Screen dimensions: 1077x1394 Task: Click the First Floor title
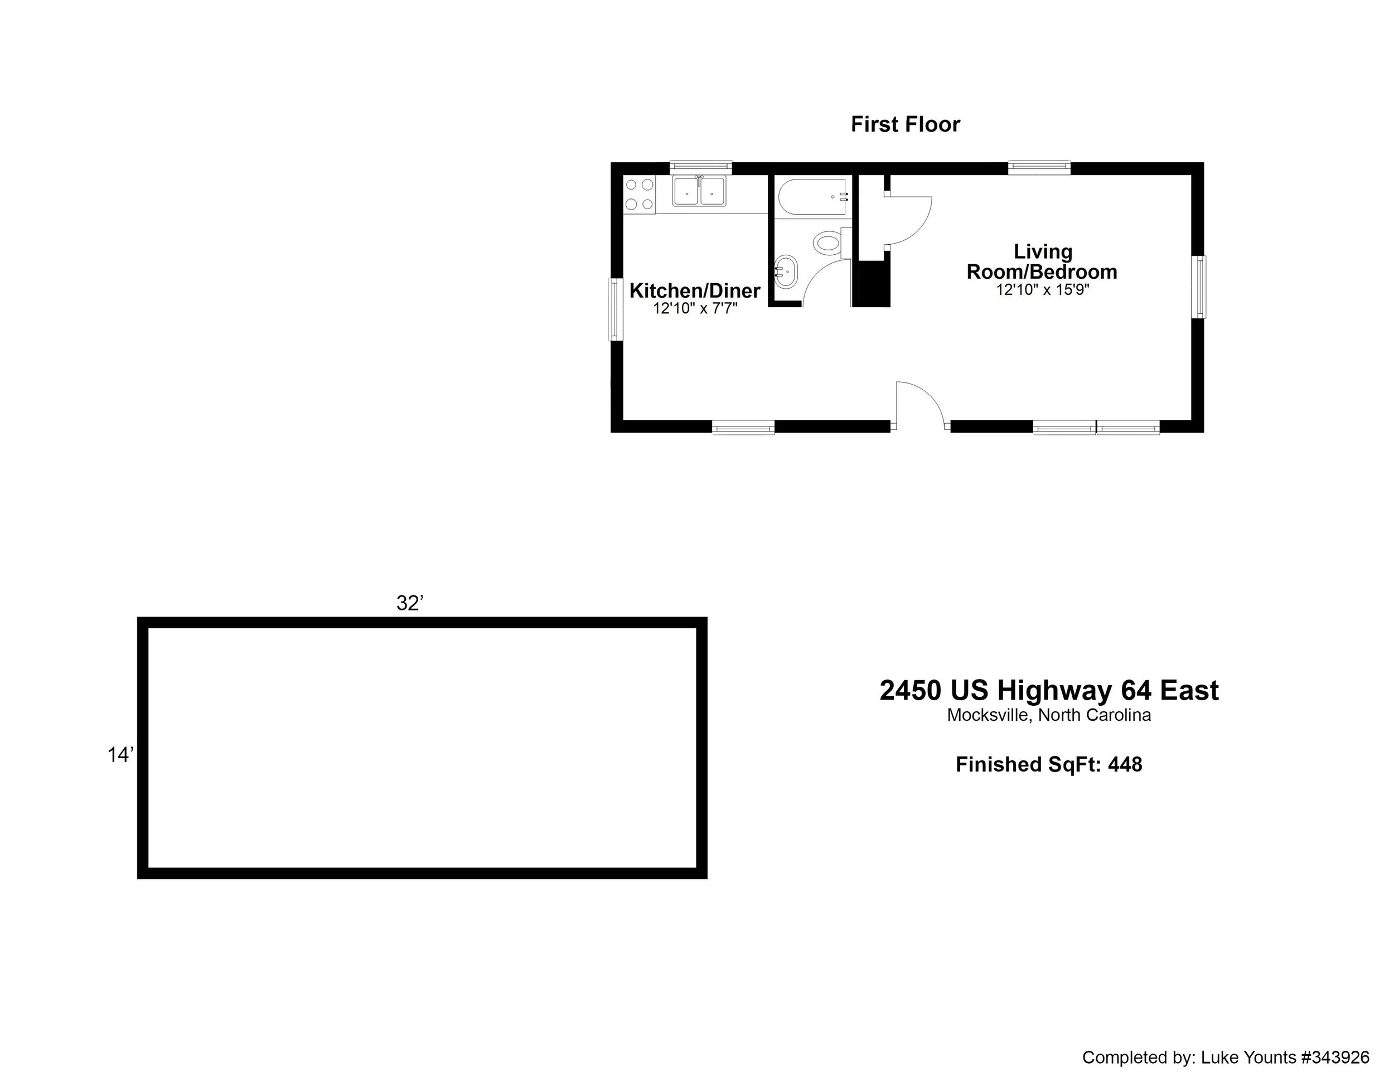[x=904, y=124]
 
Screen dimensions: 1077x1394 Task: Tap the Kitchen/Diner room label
[x=694, y=291]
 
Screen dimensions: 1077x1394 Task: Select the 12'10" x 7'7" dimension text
[x=694, y=309]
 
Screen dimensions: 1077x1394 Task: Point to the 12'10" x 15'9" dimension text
[x=1042, y=290]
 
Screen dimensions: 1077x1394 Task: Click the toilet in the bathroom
[x=828, y=242]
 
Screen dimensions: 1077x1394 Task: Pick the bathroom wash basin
[x=786, y=273]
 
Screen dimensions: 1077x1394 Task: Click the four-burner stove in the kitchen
[x=640, y=195]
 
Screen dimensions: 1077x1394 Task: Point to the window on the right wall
[x=1199, y=287]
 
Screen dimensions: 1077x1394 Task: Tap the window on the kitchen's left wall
[x=615, y=309]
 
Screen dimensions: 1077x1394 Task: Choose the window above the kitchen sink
[x=700, y=167]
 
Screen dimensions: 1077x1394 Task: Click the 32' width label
[x=410, y=603]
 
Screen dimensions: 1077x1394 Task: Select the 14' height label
[x=120, y=755]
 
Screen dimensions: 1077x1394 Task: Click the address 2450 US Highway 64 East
[x=1049, y=690]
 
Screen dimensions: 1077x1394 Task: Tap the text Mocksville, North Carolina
[x=1049, y=715]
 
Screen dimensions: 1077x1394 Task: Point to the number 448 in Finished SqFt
[x=1125, y=764]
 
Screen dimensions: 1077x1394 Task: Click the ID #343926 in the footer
[x=1335, y=1057]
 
